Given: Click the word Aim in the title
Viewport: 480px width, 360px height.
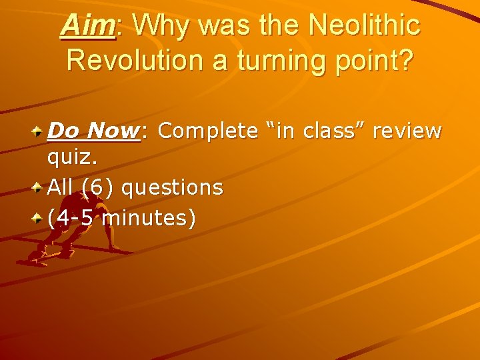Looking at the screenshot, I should click(x=87, y=27).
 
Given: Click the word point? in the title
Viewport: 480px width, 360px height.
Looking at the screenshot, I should click(x=379, y=61).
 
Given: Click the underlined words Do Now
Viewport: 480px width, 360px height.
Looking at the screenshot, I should click(x=93, y=131).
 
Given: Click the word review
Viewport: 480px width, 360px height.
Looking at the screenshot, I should click(x=407, y=131).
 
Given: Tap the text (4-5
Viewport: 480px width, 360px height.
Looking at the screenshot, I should click(x=71, y=217).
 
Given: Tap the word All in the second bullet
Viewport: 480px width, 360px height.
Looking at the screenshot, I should click(x=60, y=188).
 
